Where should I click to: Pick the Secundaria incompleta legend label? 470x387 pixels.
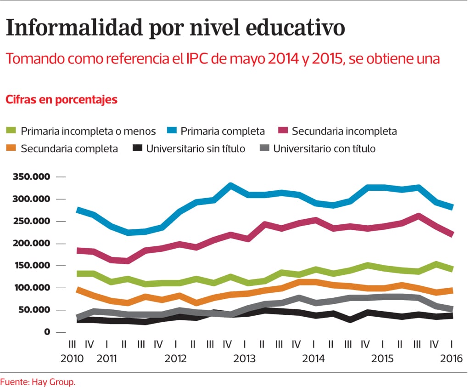tap(344, 131)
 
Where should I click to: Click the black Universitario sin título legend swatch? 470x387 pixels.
tap(137, 148)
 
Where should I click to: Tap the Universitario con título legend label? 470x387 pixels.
tap(324, 148)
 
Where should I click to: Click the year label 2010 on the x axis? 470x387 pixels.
tap(73, 358)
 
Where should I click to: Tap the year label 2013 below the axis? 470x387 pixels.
tap(245, 358)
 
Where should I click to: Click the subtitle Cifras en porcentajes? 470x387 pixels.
tap(61, 100)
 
